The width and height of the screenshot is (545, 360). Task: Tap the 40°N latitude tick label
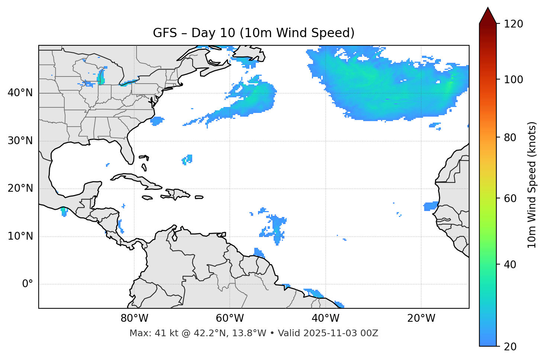pyautogui.click(x=20, y=93)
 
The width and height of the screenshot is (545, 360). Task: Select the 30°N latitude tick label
pyautogui.click(x=20, y=141)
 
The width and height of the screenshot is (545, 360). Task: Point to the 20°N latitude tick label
pyautogui.click(x=20, y=189)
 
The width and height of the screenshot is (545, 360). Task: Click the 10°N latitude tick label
pyautogui.click(x=20, y=236)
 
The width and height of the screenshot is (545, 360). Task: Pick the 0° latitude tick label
pyautogui.click(x=27, y=284)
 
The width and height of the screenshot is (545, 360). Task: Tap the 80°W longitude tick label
pyautogui.click(x=134, y=318)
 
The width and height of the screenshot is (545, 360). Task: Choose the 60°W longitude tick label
pyautogui.click(x=230, y=318)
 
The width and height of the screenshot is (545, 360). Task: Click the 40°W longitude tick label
pyautogui.click(x=325, y=318)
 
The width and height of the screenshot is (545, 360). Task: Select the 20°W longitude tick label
pyautogui.click(x=421, y=318)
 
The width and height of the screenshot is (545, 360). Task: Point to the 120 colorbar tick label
pyautogui.click(x=513, y=24)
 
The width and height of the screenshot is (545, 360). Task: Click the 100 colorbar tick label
pyautogui.click(x=513, y=80)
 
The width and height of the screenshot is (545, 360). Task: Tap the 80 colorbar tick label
pyautogui.click(x=510, y=137)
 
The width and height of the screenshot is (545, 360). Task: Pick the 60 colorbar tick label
pyautogui.click(x=510, y=198)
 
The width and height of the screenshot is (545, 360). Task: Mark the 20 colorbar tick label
pyautogui.click(x=510, y=347)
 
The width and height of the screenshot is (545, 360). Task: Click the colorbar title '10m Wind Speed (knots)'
pyautogui.click(x=532, y=185)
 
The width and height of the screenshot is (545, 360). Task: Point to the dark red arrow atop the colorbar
pyautogui.click(x=488, y=16)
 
